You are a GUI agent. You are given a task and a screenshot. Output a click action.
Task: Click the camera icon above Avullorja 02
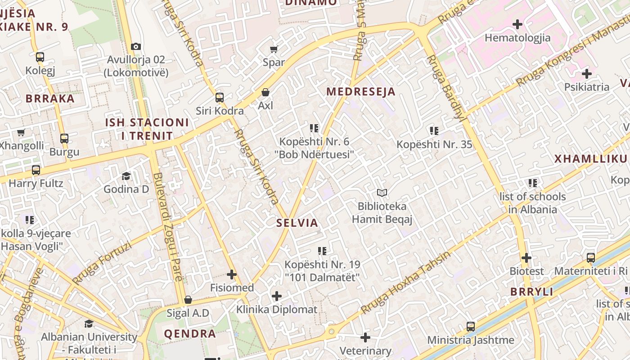(135, 46)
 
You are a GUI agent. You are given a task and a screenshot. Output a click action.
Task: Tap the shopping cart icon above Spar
(274, 49)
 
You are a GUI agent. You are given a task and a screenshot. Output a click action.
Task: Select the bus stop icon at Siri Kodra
(219, 98)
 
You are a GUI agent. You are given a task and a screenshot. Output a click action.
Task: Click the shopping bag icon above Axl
(265, 92)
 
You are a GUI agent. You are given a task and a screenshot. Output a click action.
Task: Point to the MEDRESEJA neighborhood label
(360, 92)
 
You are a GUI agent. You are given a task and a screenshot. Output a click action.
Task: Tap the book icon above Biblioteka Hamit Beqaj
(382, 193)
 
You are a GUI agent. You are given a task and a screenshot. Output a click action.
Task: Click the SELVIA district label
(297, 223)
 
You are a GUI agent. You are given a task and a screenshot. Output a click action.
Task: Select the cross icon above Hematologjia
(517, 24)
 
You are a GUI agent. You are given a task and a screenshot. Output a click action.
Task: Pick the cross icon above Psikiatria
(586, 73)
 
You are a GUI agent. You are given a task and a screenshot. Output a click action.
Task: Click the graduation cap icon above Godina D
(126, 176)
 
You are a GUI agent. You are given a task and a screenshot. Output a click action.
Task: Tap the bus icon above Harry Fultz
(36, 170)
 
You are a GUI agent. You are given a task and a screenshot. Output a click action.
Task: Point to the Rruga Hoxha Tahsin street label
(405, 283)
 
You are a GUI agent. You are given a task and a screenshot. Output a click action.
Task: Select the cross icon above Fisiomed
(231, 274)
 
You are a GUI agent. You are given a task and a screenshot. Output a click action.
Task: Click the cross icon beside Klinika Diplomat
(277, 296)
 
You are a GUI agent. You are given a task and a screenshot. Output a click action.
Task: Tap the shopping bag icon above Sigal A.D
(188, 300)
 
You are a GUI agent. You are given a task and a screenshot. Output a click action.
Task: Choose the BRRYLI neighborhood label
(531, 292)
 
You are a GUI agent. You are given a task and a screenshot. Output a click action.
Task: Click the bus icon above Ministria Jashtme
(470, 326)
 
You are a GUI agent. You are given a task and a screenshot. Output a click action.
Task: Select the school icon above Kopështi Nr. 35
(434, 131)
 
